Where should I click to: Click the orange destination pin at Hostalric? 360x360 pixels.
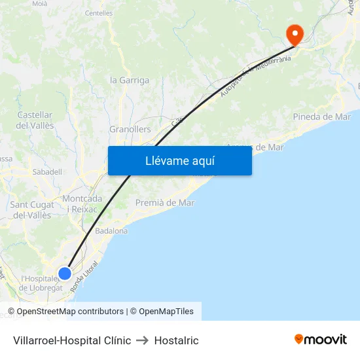pyautogui.click(x=295, y=34)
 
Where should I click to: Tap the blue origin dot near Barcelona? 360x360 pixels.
pyautogui.click(x=65, y=274)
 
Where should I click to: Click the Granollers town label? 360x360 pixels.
pyautogui.click(x=130, y=130)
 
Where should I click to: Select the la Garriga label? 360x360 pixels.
pyautogui.click(x=130, y=81)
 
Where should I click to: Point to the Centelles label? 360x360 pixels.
pyautogui.click(x=99, y=12)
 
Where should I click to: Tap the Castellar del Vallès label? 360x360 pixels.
pyautogui.click(x=35, y=120)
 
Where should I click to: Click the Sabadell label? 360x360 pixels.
pyautogui.click(x=47, y=171)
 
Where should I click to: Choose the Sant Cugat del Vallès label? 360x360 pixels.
pyautogui.click(x=31, y=209)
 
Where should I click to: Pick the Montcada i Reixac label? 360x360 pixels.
pyautogui.click(x=82, y=204)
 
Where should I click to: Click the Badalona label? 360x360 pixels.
pyautogui.click(x=111, y=231)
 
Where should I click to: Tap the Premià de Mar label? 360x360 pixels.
pyautogui.click(x=165, y=203)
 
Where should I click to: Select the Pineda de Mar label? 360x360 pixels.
pyautogui.click(x=322, y=117)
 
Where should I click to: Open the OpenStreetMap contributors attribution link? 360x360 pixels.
pyautogui.click(x=70, y=312)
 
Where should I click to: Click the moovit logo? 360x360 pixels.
pyautogui.click(x=321, y=340)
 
